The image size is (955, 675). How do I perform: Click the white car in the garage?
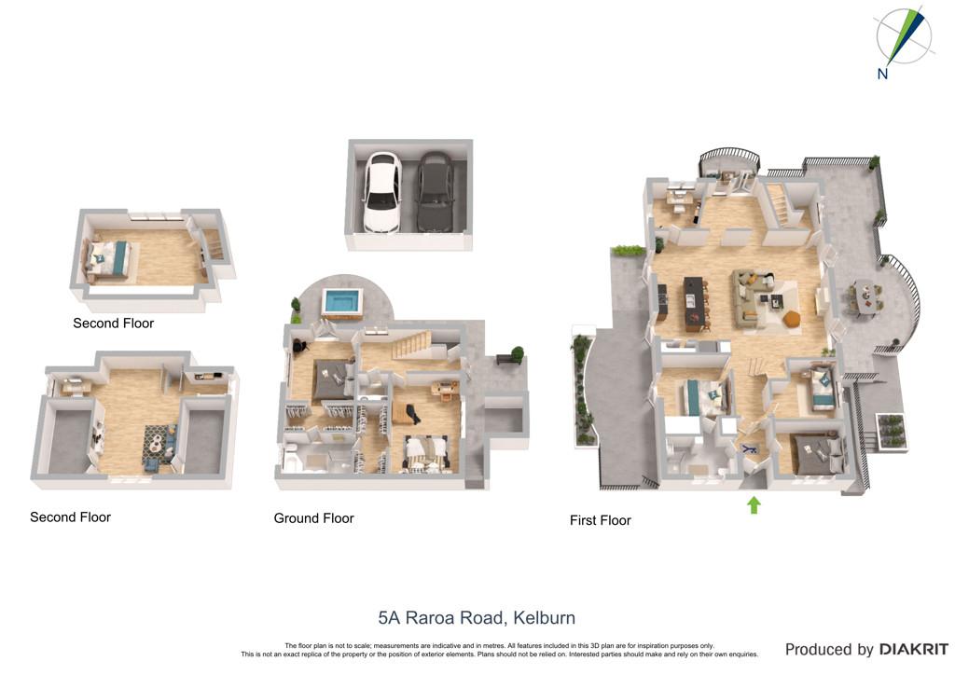click(381, 191)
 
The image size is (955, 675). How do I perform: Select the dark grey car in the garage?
click(435, 191)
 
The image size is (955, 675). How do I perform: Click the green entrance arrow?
click(754, 504)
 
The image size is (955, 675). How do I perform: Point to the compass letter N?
click(882, 74)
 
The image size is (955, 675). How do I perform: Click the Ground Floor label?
click(313, 518)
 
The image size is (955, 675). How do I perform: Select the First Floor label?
click(600, 520)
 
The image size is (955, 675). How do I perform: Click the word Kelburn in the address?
click(544, 618)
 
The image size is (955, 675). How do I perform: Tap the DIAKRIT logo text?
click(914, 650)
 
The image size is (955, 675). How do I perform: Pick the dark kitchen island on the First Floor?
click(694, 304)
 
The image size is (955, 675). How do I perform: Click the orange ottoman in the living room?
click(791, 319)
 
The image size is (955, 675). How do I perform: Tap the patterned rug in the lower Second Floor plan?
click(159, 445)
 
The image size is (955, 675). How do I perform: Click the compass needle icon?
click(906, 36)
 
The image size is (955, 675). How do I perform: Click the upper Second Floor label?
click(113, 324)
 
